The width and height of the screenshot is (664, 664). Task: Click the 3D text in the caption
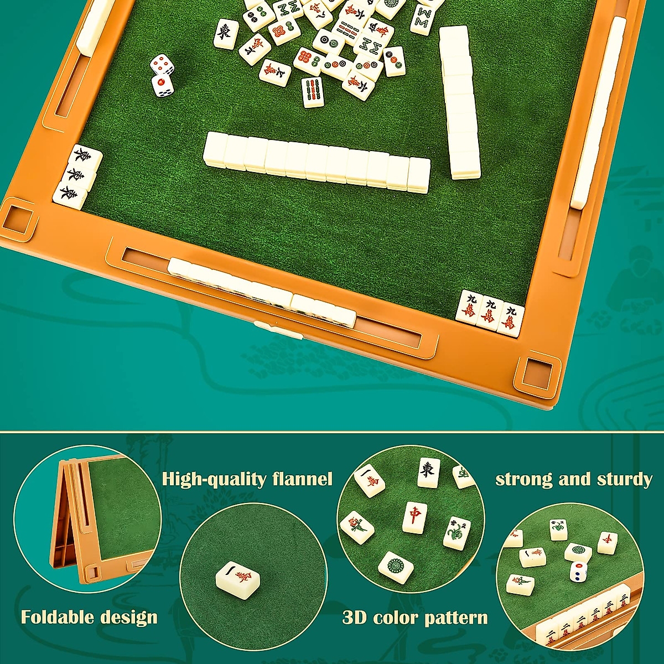pos(355,618)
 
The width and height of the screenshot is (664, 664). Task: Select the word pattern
pos(457,618)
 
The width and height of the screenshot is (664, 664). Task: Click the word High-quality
pos(216,479)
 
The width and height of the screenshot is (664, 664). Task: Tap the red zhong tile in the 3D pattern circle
pos(414,517)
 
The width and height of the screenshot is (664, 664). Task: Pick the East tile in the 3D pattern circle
pos(428,473)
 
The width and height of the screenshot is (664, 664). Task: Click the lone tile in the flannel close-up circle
pos(238,579)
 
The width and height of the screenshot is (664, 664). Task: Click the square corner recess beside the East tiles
pos(18,219)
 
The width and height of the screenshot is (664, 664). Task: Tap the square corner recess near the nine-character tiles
pos(536,373)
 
